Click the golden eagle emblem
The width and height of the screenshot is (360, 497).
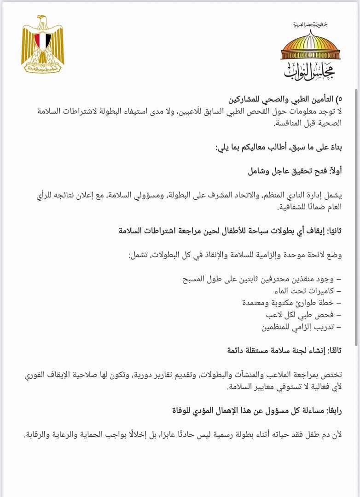tap(42, 44)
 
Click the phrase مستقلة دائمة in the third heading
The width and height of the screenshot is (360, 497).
tap(249, 351)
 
